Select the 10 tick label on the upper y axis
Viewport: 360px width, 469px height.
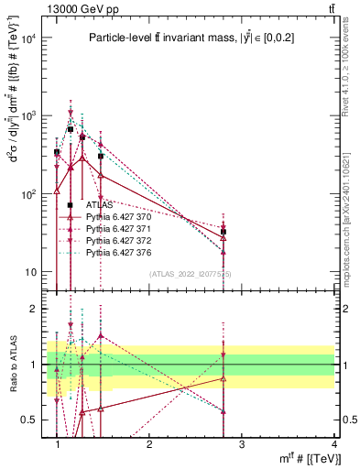tap(29, 272)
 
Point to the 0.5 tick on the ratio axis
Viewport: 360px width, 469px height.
tap(29, 420)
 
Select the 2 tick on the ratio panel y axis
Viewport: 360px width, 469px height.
tap(35, 309)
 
